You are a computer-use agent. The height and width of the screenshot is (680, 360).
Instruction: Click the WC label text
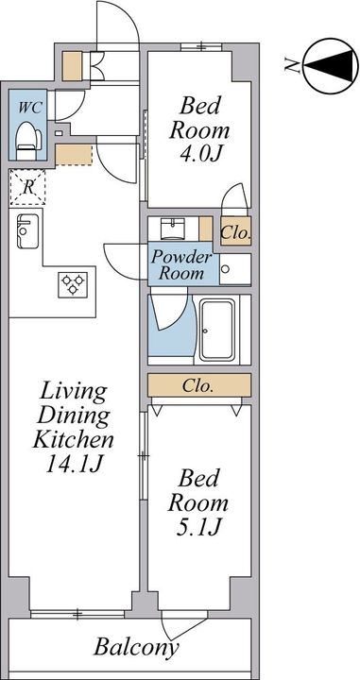tap(30, 108)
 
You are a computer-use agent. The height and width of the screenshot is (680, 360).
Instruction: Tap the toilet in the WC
tap(28, 140)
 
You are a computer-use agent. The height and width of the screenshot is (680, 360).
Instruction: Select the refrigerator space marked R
tap(27, 187)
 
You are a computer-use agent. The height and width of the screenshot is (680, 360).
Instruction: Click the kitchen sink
tap(27, 231)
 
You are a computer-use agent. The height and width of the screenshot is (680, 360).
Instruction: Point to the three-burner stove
tap(73, 284)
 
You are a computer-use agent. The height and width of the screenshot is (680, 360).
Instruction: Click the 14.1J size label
tap(74, 465)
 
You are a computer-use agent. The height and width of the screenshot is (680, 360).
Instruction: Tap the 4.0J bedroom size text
tap(199, 154)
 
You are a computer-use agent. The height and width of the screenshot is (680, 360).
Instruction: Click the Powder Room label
tap(181, 265)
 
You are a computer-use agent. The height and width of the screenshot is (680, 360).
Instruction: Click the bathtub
tap(217, 330)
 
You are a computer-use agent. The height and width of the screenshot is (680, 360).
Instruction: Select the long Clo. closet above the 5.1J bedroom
tap(199, 385)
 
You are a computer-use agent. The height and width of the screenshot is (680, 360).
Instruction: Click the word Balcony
tap(137, 648)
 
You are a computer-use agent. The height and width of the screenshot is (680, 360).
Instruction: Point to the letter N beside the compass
tap(292, 65)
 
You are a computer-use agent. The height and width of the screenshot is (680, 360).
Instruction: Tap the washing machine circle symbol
tap(225, 269)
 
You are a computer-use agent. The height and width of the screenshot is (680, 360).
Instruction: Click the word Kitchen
tap(74, 440)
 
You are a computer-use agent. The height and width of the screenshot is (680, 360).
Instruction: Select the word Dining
tap(73, 416)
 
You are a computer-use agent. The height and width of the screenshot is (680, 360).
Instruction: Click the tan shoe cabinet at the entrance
tap(72, 66)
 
